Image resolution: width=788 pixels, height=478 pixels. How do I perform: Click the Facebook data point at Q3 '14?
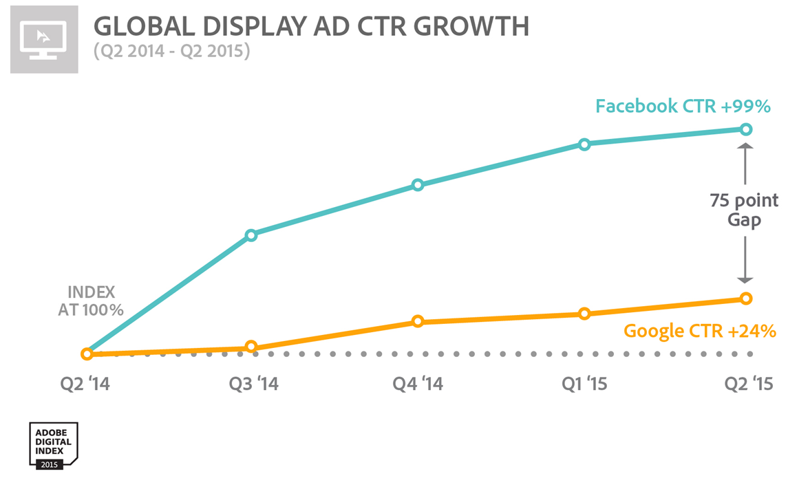(x=251, y=235)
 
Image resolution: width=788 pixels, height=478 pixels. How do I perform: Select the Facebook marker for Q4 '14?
(x=418, y=185)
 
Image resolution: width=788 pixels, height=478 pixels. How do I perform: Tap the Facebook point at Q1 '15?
(x=584, y=144)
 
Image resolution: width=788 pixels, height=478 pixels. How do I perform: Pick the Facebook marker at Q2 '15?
(x=745, y=129)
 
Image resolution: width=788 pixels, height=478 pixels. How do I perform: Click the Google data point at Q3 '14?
(x=251, y=347)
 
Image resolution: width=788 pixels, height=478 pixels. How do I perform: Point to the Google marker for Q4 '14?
(x=418, y=321)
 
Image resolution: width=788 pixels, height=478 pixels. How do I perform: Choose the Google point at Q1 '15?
(x=584, y=314)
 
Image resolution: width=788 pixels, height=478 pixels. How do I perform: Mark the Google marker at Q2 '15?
(x=745, y=298)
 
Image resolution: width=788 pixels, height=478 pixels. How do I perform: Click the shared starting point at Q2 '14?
(x=87, y=354)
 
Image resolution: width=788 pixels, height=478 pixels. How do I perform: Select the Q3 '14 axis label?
(x=253, y=384)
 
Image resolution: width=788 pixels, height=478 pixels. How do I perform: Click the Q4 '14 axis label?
(x=418, y=384)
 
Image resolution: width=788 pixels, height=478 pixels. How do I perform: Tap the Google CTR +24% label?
(x=700, y=331)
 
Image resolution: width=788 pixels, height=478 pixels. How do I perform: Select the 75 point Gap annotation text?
(x=745, y=210)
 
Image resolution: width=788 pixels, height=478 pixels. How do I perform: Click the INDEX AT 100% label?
(x=91, y=301)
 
